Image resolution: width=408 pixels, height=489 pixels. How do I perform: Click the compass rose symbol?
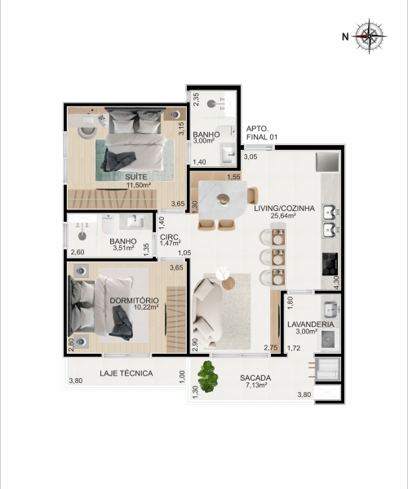point(370,36)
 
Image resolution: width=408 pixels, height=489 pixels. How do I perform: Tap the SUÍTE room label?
point(136,177)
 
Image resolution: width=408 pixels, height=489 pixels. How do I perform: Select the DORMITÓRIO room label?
point(134,300)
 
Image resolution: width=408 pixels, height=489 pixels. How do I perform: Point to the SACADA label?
point(255,378)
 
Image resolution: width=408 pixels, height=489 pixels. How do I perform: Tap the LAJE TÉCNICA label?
point(126,373)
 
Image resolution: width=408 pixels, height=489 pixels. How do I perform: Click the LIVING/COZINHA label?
point(284,209)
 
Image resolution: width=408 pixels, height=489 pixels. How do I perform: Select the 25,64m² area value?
point(283,215)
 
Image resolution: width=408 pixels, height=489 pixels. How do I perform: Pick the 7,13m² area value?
point(256,385)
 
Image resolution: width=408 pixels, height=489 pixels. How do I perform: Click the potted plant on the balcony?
point(208,377)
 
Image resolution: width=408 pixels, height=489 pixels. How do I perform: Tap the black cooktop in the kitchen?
point(330,264)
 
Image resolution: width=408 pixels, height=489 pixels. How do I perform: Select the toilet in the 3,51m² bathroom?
point(108,224)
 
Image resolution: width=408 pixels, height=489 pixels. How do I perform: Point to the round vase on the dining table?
point(223,199)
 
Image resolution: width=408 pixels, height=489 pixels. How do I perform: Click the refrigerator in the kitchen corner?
point(327,162)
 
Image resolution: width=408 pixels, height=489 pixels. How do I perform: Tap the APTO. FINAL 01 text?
point(262,133)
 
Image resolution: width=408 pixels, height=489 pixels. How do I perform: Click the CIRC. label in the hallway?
point(170,236)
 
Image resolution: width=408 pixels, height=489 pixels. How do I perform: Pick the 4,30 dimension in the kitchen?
point(336,283)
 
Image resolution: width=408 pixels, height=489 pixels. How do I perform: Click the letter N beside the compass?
point(345,37)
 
